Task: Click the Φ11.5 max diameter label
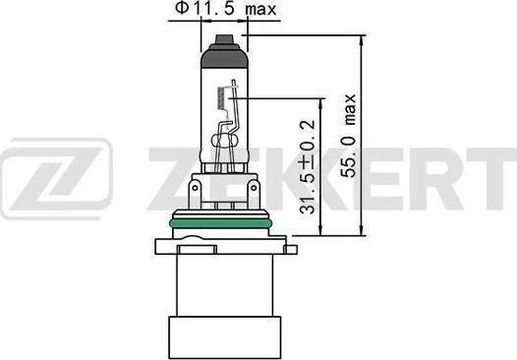[225, 8]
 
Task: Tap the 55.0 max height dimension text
[349, 136]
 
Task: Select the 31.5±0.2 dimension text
[308, 166]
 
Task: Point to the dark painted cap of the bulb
[224, 55]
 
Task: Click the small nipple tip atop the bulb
[224, 39]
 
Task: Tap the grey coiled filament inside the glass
[221, 98]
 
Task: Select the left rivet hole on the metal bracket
[195, 189]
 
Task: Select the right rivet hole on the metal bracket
[254, 189]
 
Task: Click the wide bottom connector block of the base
[224, 337]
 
